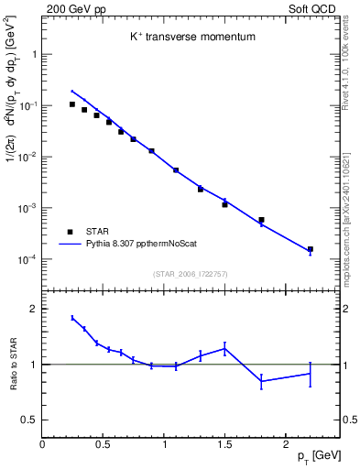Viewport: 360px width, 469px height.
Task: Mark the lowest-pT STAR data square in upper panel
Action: point(72,104)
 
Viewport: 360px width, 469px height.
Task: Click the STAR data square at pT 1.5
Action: point(224,204)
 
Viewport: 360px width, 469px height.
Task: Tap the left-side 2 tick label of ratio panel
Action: point(33,310)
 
